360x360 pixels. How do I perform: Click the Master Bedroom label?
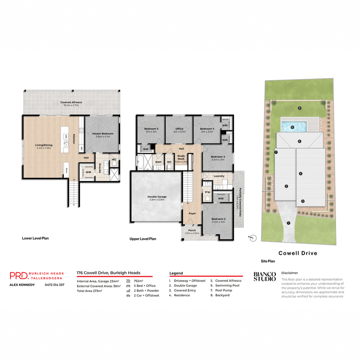pyautogui.click(x=103, y=134)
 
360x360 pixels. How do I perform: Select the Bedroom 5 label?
pyautogui.click(x=150, y=129)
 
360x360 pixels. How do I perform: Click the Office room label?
pyautogui.click(x=179, y=129)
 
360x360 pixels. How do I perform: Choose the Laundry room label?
pyautogui.click(x=219, y=176)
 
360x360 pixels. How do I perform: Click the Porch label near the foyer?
pyautogui.click(x=192, y=230)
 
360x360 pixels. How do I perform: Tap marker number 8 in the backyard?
pyautogui.click(x=299, y=108)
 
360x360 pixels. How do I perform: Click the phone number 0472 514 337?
pyautogui.click(x=53, y=285)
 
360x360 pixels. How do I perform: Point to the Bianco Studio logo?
pyautogui.click(x=265, y=276)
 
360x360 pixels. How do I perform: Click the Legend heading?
pyautogui.click(x=176, y=273)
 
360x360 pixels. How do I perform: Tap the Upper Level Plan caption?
pyautogui.click(x=143, y=239)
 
